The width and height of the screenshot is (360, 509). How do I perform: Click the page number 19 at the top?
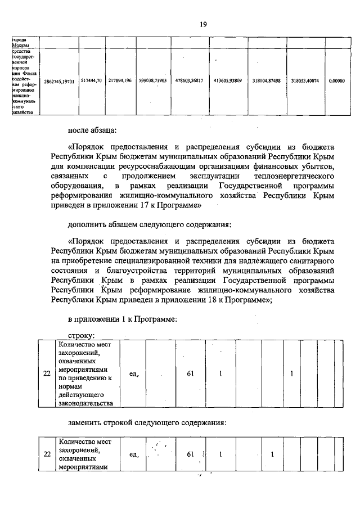[x=203, y=24]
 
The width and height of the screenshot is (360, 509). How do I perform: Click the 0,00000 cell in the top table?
[x=336, y=81]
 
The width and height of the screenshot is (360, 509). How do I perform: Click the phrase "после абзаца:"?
[x=92, y=131]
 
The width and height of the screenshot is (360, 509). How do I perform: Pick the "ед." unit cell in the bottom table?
[x=133, y=454]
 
